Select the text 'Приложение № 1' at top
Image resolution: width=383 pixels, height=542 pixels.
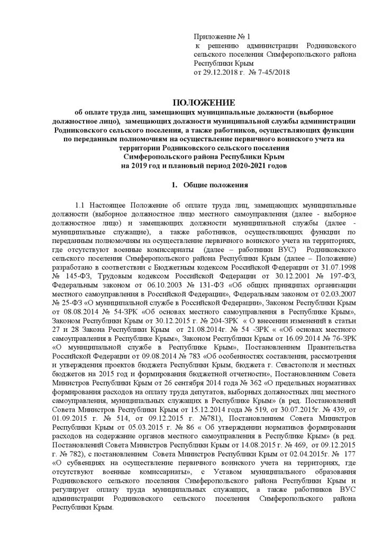(222, 37)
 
